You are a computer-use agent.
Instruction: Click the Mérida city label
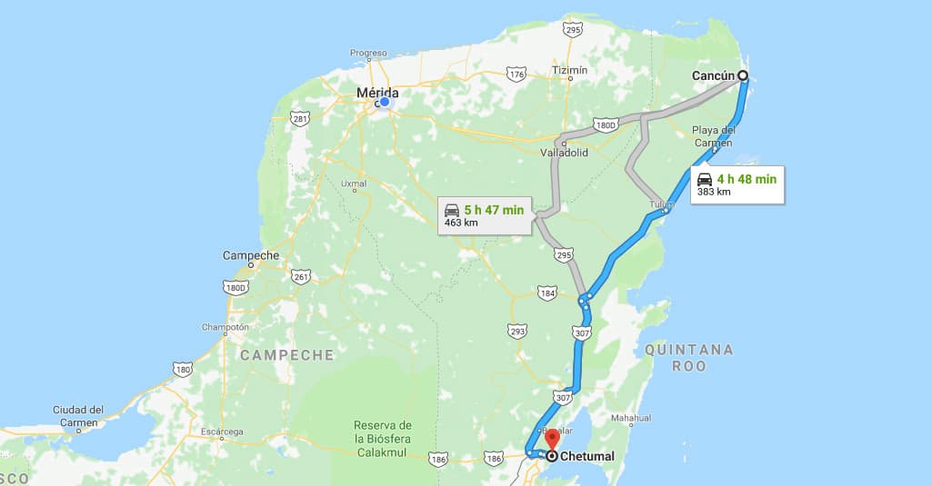point(376,92)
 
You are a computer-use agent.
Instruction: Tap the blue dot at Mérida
point(385,102)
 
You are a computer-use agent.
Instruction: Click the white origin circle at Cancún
point(743,75)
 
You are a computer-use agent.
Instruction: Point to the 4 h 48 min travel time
point(746,179)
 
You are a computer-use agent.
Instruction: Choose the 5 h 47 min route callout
point(484,215)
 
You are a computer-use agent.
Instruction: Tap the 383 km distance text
point(714,193)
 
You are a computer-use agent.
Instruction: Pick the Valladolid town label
point(564,153)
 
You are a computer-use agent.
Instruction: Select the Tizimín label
point(570,70)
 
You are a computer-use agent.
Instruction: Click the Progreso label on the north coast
point(368,53)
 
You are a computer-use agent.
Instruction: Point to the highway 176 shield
point(516,74)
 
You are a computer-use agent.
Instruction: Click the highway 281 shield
point(300,118)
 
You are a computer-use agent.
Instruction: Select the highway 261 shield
point(301,276)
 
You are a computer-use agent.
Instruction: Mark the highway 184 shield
point(547,293)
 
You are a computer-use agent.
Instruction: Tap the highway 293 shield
point(517,331)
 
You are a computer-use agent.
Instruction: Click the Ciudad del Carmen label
point(78,416)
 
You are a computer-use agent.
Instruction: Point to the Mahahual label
point(631,419)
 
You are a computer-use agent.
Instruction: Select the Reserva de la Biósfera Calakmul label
point(384,439)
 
